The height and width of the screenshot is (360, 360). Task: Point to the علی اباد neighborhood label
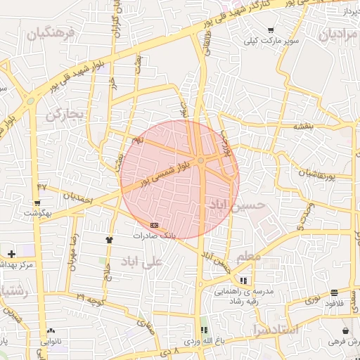coord(141,261)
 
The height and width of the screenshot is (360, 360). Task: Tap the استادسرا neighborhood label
coord(274,329)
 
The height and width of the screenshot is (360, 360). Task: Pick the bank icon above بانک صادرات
coord(155,225)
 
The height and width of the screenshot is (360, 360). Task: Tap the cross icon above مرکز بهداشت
coord(11,253)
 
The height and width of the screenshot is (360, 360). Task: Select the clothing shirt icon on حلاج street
coord(109,240)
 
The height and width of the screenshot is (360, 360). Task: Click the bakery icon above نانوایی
coord(51,330)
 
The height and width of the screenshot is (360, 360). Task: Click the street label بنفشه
coord(302,126)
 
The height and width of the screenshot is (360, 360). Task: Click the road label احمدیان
coord(77,198)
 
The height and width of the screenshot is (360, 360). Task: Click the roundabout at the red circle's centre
coord(201,161)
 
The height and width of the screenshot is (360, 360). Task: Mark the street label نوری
coord(311,300)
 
